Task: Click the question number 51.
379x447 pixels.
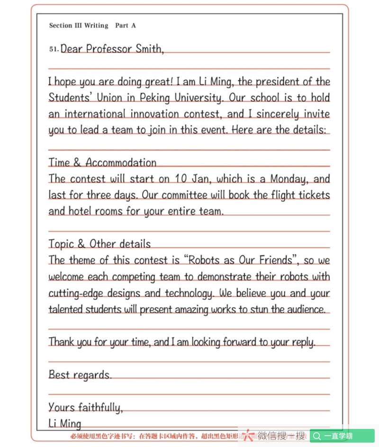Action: coord(54,49)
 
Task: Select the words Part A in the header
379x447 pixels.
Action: coord(126,26)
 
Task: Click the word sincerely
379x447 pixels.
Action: coord(274,114)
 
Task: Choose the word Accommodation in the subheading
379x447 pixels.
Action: coord(121,163)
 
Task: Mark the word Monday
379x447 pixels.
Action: coord(289,179)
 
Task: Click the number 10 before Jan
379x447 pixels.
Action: coord(180,179)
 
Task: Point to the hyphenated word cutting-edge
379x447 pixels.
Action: coord(76,294)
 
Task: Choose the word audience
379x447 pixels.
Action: coord(305,310)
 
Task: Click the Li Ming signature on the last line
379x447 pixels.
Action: coord(65,423)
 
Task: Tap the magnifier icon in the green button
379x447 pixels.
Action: coord(317,436)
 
